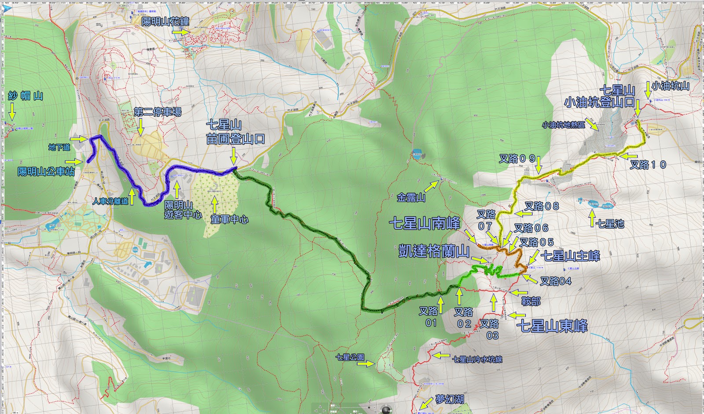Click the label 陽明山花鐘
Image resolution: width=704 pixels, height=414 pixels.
coord(165,21)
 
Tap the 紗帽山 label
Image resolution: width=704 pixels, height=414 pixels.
coord(26,96)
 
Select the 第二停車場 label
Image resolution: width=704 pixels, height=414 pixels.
coord(158,112)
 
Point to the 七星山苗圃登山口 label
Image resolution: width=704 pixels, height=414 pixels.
coord(235,132)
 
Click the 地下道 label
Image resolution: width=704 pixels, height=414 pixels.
coord(59,147)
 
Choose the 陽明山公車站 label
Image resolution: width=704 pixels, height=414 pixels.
coord(46,171)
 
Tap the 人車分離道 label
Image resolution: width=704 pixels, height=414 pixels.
coord(110,201)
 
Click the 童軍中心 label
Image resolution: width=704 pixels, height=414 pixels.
coord(229,219)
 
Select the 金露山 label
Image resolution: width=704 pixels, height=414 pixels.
coord(411,198)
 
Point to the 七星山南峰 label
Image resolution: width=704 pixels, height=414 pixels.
coord(425,223)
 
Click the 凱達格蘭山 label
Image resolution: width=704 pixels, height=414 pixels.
coord(434,251)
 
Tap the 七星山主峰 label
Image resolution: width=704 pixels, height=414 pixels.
coord(570,255)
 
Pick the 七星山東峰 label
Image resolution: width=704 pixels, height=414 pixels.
coord(552,326)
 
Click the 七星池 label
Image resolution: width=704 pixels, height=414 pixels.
coord(610,224)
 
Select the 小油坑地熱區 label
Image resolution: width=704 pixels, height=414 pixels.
coord(564,125)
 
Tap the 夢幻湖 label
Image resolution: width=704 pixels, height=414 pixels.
coord(450,399)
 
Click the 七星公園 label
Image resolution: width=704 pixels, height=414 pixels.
coord(350,358)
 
